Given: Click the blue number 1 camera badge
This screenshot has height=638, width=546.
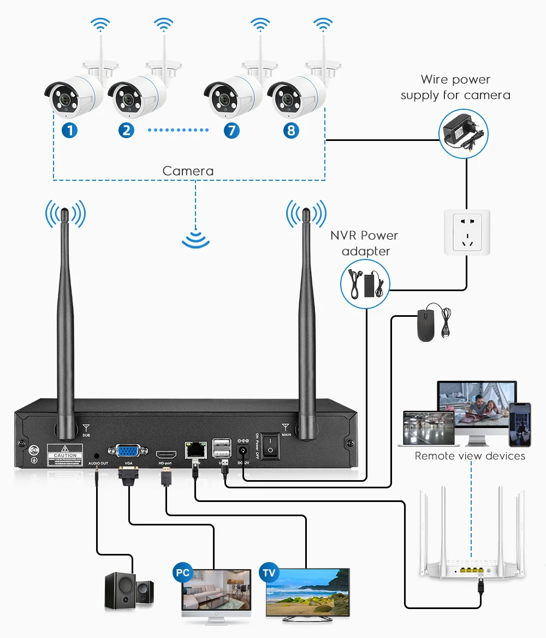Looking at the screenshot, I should (x=69, y=130).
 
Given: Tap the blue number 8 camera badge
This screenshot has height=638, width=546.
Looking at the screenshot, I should (x=291, y=130).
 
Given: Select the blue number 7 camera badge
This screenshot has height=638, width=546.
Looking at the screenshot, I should (x=231, y=130).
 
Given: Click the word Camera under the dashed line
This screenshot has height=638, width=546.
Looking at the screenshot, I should (x=188, y=171).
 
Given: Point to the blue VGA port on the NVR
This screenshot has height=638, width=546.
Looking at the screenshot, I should (x=128, y=452).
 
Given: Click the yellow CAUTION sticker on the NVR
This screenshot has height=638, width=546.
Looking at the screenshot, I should (x=66, y=454).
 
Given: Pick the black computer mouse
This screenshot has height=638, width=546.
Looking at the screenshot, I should (x=425, y=326).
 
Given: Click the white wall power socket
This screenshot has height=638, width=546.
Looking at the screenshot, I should (x=466, y=232).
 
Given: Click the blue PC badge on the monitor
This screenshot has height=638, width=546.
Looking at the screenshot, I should (x=183, y=572).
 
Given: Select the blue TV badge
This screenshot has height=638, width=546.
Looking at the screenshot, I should (x=269, y=572).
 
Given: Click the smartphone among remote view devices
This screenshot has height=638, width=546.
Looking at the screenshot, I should (x=519, y=424).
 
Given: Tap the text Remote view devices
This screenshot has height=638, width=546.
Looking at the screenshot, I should (x=470, y=456).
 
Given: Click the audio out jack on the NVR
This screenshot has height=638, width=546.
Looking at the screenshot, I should (x=97, y=454).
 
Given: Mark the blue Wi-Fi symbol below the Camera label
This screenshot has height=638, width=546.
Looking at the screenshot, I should (x=195, y=238).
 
